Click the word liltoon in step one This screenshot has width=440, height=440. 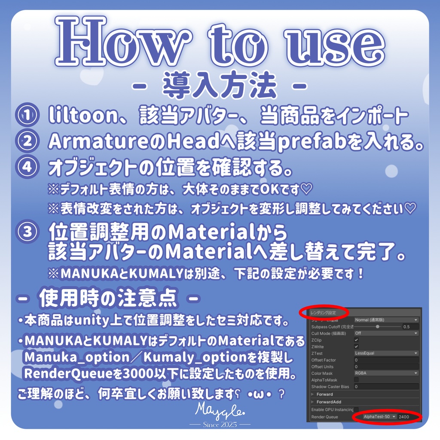(79, 116)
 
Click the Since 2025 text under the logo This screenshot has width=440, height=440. (220, 424)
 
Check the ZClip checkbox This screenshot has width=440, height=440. (356, 340)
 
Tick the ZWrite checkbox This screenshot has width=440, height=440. (356, 346)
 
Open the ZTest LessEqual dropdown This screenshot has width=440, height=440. (386, 353)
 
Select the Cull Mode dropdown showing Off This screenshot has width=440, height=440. (386, 333)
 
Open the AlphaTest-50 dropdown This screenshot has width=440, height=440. (379, 417)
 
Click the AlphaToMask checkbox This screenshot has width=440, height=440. (356, 380)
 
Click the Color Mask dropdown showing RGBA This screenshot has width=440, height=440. (386, 373)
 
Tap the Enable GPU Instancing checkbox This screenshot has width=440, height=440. (356, 409)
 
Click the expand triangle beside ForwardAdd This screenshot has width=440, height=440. (312, 402)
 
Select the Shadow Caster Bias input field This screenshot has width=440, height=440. (386, 387)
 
